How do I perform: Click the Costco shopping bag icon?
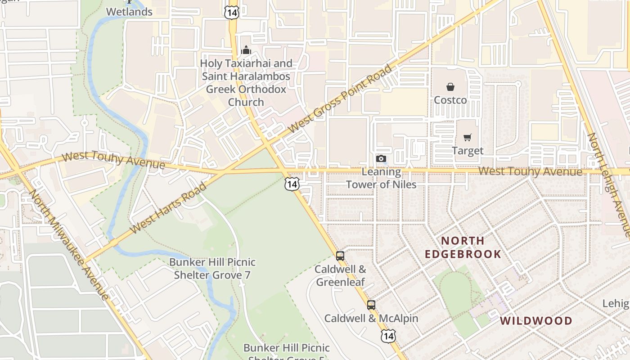(x=450, y=87)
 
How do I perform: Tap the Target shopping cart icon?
(x=468, y=138)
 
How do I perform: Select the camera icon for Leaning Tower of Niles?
(x=381, y=158)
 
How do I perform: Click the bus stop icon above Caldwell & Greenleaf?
(x=340, y=256)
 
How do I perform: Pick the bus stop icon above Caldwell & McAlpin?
(x=371, y=305)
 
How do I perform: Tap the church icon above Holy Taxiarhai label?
(x=246, y=50)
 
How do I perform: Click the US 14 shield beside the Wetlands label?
(x=231, y=13)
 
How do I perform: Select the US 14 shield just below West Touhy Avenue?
(x=292, y=184)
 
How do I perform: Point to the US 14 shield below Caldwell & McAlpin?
(x=388, y=335)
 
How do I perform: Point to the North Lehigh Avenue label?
(x=610, y=184)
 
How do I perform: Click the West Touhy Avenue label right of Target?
(x=530, y=171)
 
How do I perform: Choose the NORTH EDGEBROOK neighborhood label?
(x=463, y=247)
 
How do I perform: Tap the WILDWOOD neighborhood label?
(x=536, y=321)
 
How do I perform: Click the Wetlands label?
(x=130, y=12)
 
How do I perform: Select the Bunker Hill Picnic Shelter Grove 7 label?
(x=212, y=268)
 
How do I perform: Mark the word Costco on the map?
(x=450, y=100)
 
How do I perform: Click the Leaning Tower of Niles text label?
(x=381, y=178)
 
